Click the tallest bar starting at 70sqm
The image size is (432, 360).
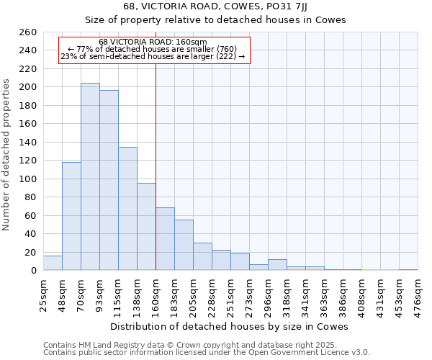click(90, 176)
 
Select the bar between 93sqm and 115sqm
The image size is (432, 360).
click(109, 180)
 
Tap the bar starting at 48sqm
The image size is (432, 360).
click(71, 216)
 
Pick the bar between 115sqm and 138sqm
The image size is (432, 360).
click(127, 209)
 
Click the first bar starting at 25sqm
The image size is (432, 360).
click(53, 263)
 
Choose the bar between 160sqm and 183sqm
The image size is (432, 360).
click(165, 239)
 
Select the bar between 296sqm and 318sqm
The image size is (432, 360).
click(277, 265)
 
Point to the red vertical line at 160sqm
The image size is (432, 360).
click(156, 166)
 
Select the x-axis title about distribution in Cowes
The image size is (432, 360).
click(230, 326)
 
